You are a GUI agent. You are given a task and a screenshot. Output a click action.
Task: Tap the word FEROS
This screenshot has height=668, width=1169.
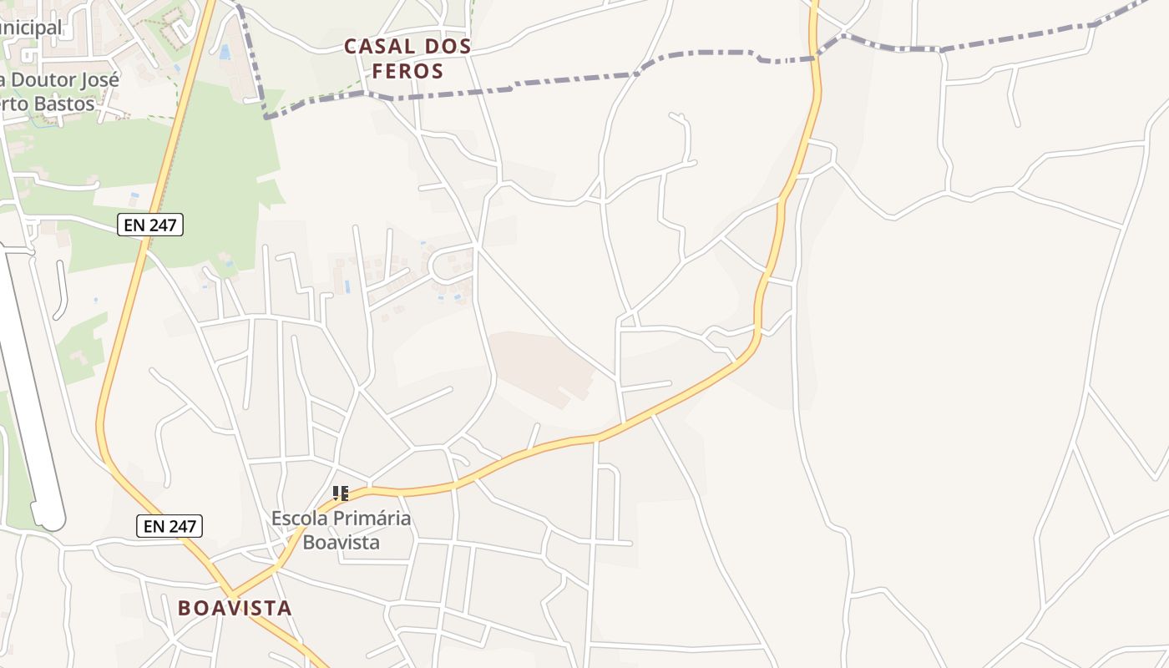407,72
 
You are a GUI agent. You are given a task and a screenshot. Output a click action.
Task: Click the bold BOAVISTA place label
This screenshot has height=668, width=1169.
235,608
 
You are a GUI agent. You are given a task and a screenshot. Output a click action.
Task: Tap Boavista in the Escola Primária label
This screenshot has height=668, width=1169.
341,542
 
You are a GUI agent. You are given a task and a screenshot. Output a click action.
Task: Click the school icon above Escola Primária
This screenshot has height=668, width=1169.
340,493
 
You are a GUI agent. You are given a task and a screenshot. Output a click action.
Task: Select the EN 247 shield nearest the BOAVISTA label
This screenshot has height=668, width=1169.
170,526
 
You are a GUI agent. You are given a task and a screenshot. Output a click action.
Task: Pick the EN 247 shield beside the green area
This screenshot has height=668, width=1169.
149,225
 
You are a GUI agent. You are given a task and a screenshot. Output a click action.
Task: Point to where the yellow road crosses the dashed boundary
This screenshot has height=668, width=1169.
817,58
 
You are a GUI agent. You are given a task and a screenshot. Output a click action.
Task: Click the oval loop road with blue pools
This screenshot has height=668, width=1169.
452,266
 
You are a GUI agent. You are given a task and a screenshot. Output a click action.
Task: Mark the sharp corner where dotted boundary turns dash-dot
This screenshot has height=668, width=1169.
266,118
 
